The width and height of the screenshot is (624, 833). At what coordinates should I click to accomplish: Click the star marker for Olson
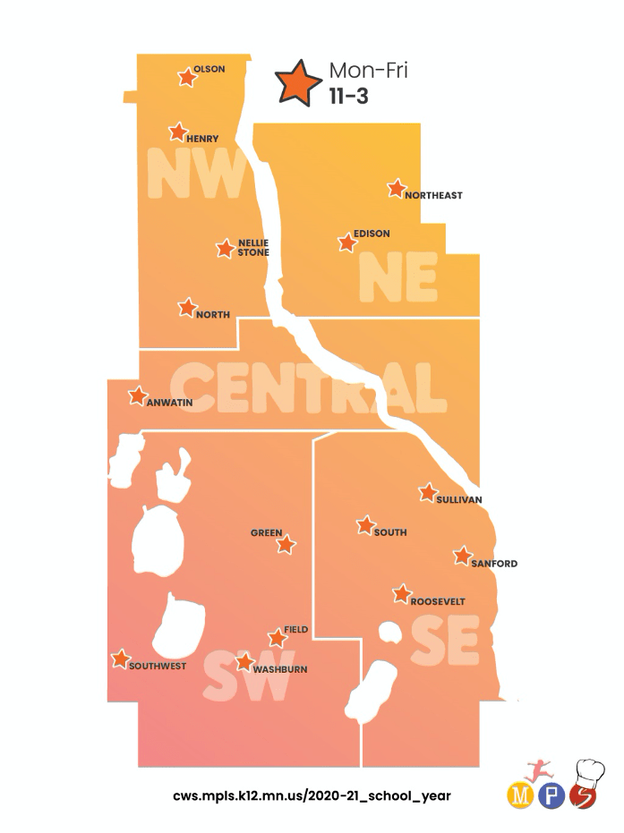pos(187,77)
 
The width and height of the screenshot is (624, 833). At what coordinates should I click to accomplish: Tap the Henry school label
pos(202,139)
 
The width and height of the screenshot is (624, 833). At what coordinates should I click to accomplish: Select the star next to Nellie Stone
pos(225,249)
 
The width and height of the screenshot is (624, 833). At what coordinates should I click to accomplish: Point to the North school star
pos(187,308)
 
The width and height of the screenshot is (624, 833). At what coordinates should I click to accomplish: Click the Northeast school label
pos(433,195)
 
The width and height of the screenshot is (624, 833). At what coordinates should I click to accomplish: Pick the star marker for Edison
pos(346,242)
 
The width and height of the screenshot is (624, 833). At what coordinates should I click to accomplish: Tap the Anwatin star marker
pos(138,395)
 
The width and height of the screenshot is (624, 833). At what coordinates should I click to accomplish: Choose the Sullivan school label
pos(459,498)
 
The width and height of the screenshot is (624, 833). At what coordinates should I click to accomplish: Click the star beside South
pos(365,525)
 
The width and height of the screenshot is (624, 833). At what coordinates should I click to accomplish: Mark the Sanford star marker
pos(462,557)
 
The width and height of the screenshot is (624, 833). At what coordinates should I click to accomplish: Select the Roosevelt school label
pos(438,602)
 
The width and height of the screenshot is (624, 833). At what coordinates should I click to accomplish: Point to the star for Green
pos(286,544)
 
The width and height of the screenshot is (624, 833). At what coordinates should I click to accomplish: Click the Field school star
pos(277,639)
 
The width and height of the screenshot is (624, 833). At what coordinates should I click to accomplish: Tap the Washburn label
pos(280,669)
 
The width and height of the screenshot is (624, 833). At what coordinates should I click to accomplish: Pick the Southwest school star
pos(120,659)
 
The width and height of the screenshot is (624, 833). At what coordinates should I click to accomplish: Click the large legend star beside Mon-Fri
pos(299,82)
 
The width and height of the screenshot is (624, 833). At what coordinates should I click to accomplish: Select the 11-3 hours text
pos(349,97)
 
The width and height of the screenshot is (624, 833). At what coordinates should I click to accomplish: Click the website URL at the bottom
pos(312,795)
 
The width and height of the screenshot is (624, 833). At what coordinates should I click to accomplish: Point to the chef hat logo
pos(588,772)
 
